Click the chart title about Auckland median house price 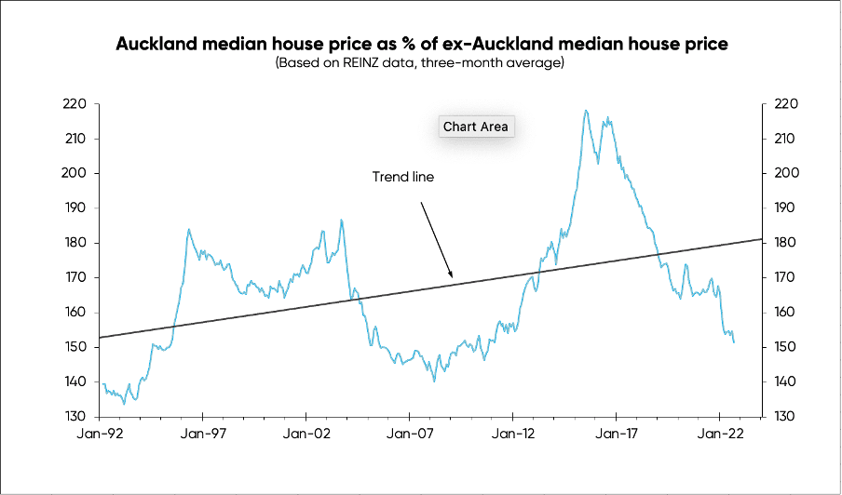point(421,45)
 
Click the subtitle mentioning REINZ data point(421,62)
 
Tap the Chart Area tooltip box point(476,127)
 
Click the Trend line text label point(403,177)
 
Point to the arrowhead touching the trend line point(451,276)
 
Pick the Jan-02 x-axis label point(306,434)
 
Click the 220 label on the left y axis point(75,104)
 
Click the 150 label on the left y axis point(75,347)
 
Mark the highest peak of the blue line point(586,111)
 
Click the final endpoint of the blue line point(734,342)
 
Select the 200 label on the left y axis point(75,173)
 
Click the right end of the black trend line point(761,239)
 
